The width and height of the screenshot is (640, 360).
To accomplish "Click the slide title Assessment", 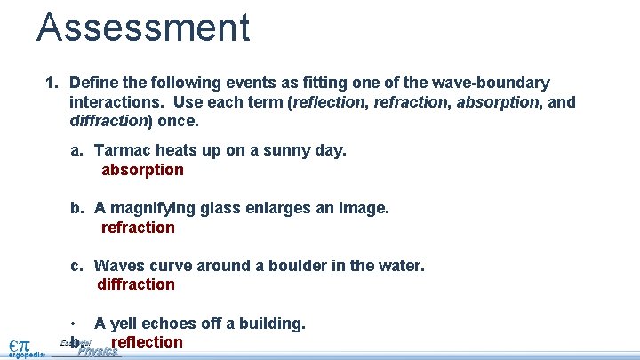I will click(143, 27).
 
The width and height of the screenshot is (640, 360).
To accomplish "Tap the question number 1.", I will click(51, 83).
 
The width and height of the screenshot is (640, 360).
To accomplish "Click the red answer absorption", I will click(142, 170).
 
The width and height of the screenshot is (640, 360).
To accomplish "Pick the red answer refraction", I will click(138, 228).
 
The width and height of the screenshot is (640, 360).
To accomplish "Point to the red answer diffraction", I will click(136, 284).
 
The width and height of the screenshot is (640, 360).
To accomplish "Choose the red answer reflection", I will click(147, 342).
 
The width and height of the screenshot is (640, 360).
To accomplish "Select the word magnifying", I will click(155, 208).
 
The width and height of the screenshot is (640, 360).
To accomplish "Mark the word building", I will click(274, 324).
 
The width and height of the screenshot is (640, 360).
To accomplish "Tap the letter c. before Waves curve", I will click(78, 265).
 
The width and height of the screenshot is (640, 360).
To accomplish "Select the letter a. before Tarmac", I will click(78, 150).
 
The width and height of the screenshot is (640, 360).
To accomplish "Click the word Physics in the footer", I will click(98, 352).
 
